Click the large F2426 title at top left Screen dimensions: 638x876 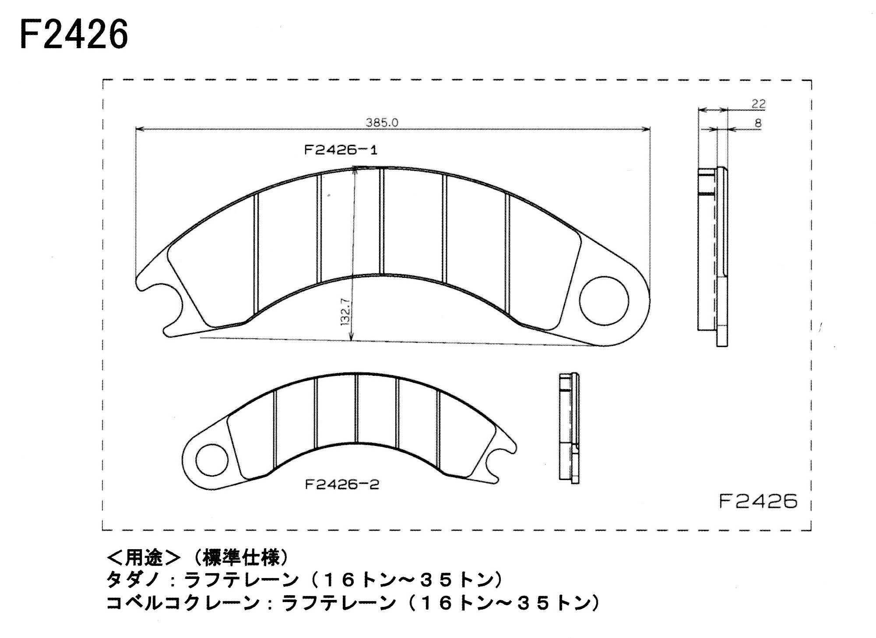pyautogui.click(x=74, y=34)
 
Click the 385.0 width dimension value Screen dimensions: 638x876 pyautogui.click(x=382, y=123)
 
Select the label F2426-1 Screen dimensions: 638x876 pyautogui.click(x=341, y=151)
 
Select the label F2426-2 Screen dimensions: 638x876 pyautogui.click(x=341, y=485)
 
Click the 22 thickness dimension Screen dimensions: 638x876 pyautogui.click(x=758, y=104)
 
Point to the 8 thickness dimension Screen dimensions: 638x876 pyautogui.click(x=758, y=123)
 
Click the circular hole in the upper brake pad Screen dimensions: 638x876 pyautogui.click(x=604, y=301)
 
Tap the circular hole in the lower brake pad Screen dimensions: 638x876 pyautogui.click(x=211, y=460)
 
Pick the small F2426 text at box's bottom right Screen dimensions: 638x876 pyautogui.click(x=758, y=501)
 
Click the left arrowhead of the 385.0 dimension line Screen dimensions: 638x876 pyautogui.click(x=139, y=129)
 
